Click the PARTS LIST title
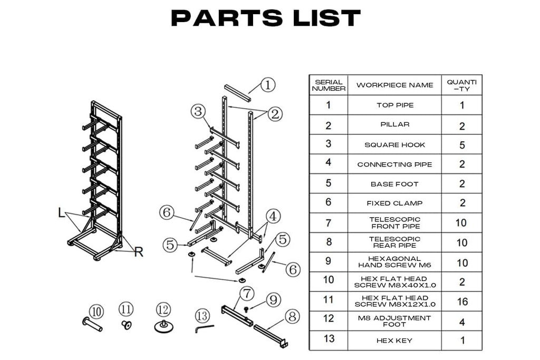pos(266,18)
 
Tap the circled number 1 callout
pos(268,84)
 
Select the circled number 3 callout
pos(198,111)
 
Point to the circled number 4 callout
pos(273,216)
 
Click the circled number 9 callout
pos(273,300)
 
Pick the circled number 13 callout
pos(202,316)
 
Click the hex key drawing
pos(203,329)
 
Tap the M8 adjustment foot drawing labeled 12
pos(164,326)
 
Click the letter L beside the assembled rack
pos(62,213)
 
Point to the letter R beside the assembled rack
pos(138,252)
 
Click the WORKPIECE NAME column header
pos(394,85)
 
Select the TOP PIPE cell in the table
pos(394,105)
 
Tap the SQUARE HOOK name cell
pos(394,144)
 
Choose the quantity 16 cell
pos(462,301)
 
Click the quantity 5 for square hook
pos(462,144)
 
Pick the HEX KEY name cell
pos(394,340)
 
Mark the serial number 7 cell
pos(328,223)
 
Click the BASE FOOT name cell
pos(394,184)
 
